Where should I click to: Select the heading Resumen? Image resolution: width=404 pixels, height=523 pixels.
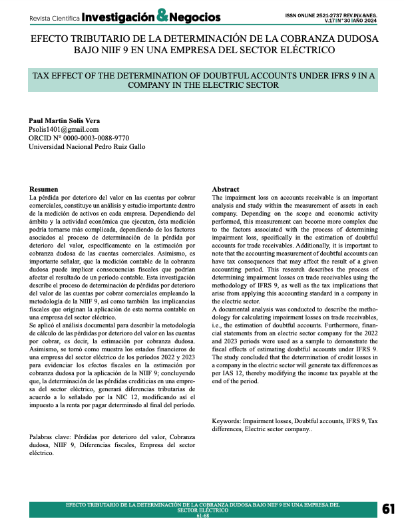45,190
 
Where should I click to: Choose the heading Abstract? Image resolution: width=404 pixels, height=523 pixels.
226,190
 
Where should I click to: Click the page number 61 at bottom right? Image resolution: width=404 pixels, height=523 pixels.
389,510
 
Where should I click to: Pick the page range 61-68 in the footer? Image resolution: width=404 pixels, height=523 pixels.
203,516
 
